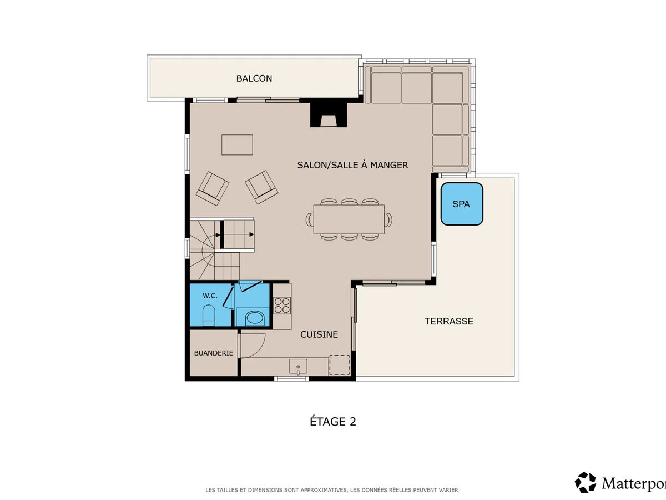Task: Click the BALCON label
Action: coord(254,78)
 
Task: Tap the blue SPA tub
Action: coord(462,204)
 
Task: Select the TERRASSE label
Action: coord(449,321)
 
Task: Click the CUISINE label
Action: coord(319,334)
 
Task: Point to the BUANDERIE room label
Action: coord(214,353)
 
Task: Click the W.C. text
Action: coord(210,296)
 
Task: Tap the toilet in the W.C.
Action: coord(209,315)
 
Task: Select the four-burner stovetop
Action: coord(282,306)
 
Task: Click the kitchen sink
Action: coord(298,367)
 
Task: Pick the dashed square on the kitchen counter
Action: coord(340,365)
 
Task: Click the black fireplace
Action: coord(329,115)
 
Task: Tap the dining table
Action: coord(349,219)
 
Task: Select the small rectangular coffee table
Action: coord(237,145)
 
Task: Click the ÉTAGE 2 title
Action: coord(333,422)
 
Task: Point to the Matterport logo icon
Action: coord(586,482)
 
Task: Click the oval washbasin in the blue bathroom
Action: coord(254,318)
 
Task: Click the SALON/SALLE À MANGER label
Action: coord(352,165)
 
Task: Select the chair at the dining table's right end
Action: coord(389,219)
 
